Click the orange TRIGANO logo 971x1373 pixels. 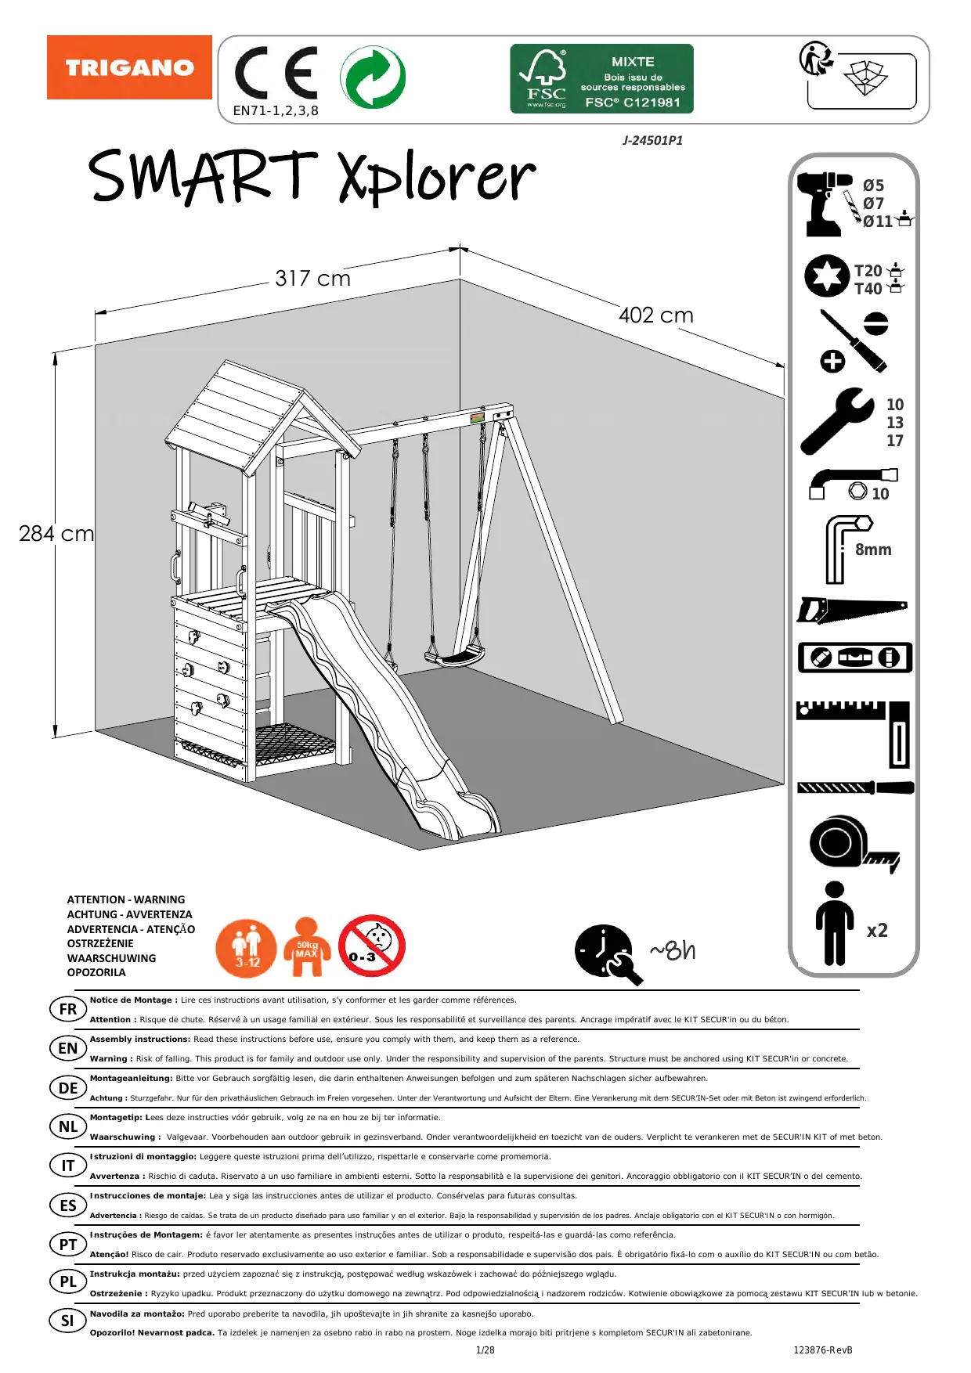129,67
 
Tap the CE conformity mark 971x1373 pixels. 276,74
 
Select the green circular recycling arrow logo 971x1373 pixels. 373,77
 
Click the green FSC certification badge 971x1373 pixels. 601,78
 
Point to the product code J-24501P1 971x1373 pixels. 652,141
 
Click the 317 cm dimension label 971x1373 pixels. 312,279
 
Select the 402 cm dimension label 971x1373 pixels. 655,315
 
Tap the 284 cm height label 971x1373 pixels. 56,534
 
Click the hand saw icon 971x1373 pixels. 851,610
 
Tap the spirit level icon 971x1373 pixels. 854,658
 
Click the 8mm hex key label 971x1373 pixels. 873,550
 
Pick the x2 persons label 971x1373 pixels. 877,931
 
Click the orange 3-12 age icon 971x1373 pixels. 246,949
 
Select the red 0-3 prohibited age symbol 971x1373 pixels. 371,946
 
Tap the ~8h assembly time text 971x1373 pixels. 672,950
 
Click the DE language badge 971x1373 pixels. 68,1087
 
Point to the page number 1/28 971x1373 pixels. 485,1350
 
